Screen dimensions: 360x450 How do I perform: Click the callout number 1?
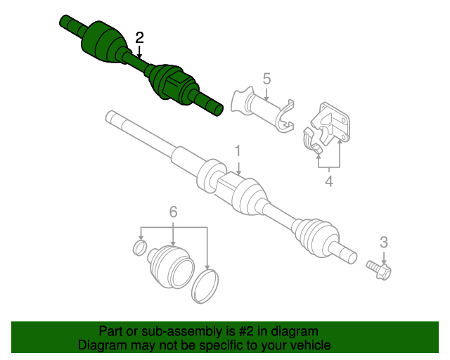[238, 150]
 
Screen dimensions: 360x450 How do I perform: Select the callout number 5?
[266, 78]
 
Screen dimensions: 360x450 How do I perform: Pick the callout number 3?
[384, 243]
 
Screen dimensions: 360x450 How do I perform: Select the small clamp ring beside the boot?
[140, 247]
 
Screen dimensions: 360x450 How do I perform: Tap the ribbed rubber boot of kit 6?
[169, 266]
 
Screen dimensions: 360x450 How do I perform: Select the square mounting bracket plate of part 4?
[333, 123]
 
